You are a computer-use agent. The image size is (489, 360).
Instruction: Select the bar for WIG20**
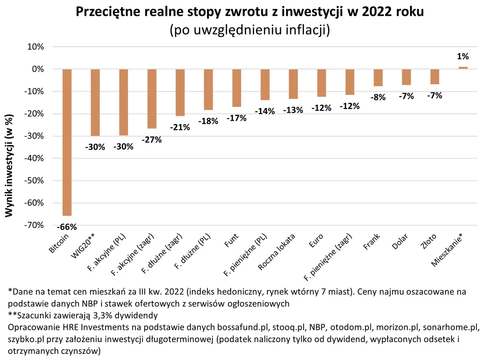(x=95, y=102)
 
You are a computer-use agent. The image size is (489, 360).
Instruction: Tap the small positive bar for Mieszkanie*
(x=463, y=68)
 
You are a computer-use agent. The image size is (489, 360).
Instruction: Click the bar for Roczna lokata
(x=293, y=84)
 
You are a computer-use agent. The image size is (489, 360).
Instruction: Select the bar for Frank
(x=378, y=77)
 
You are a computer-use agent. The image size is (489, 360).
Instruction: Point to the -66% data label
(x=66, y=227)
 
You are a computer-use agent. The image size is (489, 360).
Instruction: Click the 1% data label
(x=463, y=57)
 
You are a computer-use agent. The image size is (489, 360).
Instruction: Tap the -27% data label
(x=152, y=139)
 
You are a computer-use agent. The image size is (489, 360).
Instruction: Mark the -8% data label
(x=378, y=97)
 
